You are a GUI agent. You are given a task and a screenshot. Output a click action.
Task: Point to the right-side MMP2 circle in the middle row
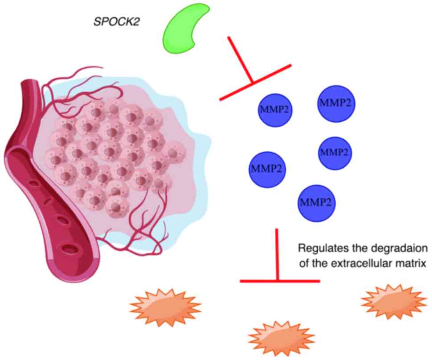tap(334, 153)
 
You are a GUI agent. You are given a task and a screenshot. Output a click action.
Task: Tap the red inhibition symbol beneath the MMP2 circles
tap(278, 263)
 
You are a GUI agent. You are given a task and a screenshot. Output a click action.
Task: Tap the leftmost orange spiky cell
tap(165, 306)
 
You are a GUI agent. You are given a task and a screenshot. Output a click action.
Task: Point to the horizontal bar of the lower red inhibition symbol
tap(280, 281)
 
